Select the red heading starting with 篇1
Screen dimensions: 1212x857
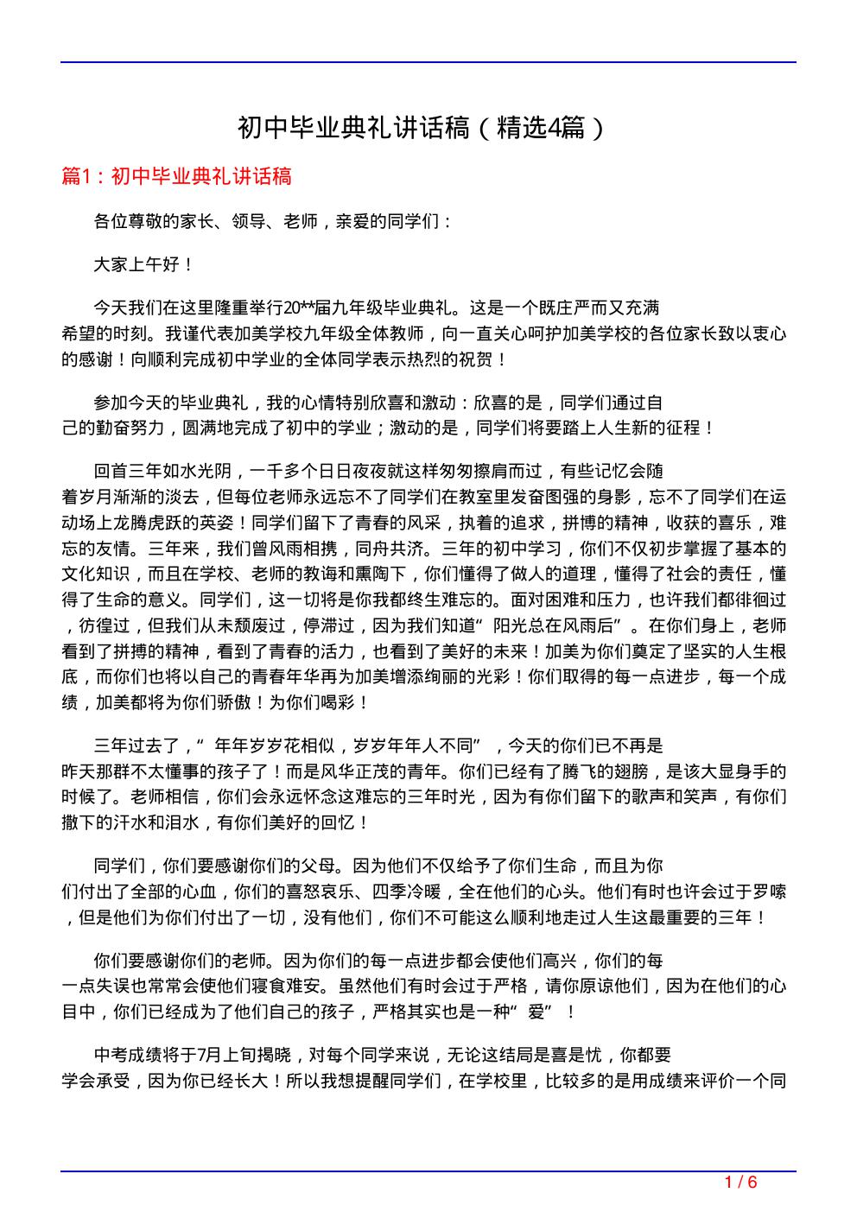point(177,176)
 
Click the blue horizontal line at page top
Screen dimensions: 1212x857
point(428,62)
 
